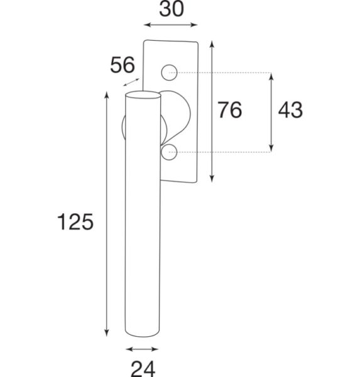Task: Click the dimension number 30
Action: [x=172, y=9]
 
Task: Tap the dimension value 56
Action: [x=123, y=65]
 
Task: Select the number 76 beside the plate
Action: [x=230, y=110]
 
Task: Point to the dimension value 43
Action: [x=290, y=110]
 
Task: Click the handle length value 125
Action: [x=75, y=222]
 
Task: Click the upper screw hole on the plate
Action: [x=169, y=72]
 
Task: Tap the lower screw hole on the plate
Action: [x=169, y=152]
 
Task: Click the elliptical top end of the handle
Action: [x=143, y=95]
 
